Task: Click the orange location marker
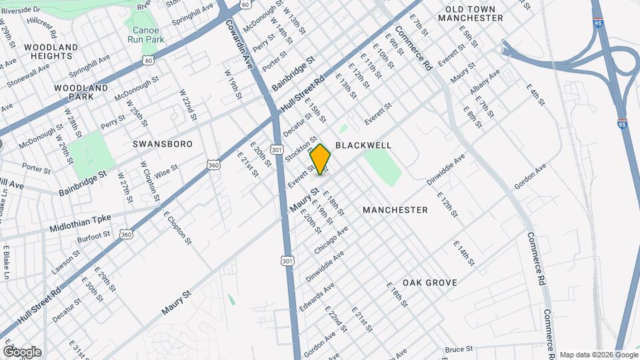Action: coord(321,159)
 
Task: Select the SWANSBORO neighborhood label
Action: coord(163,144)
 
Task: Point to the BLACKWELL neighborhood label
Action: coord(363,145)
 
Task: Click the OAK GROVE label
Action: coord(429,283)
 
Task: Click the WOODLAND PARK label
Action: coord(81,92)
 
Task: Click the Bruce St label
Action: coord(459,349)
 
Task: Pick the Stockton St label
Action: coord(299,149)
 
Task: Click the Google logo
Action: coord(22,352)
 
